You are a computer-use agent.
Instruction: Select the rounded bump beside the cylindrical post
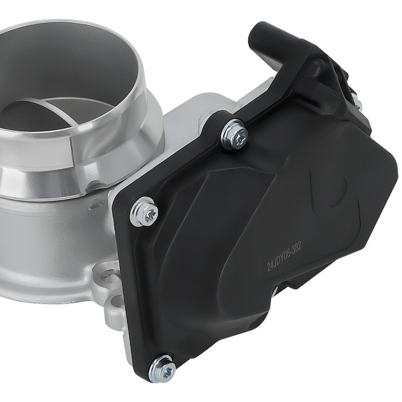pyautogui.click(x=318, y=64)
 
